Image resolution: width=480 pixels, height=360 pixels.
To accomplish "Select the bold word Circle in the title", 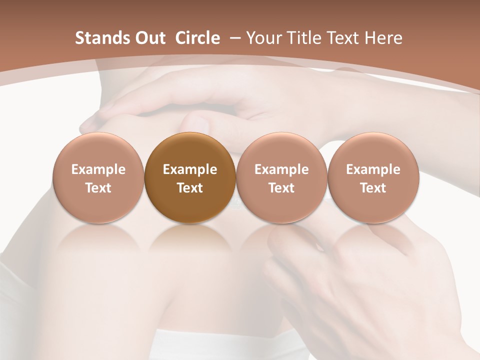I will [x=197, y=38].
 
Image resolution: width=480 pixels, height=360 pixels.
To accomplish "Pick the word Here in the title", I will [x=385, y=38].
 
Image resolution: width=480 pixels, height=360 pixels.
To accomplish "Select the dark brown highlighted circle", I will [x=190, y=178].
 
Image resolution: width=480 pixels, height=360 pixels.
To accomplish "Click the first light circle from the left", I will [x=98, y=178].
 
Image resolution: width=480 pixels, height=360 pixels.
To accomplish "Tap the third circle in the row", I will [x=281, y=178].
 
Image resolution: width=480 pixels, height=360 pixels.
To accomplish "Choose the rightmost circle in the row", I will [x=373, y=178].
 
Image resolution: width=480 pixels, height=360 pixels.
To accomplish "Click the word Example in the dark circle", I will [x=190, y=169].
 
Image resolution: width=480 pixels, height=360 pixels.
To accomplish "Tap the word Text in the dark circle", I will [x=190, y=188].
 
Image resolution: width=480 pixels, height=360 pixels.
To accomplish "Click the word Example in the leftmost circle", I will [x=98, y=169].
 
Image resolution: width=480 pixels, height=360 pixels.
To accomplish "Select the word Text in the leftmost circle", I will [x=98, y=188].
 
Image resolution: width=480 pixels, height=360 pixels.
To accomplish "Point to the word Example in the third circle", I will [x=281, y=169].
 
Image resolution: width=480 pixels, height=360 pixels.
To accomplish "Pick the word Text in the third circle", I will [x=281, y=188].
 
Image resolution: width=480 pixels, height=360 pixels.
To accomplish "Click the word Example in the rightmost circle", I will [x=373, y=169].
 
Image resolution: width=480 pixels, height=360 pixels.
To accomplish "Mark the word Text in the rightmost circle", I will [x=373, y=188].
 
